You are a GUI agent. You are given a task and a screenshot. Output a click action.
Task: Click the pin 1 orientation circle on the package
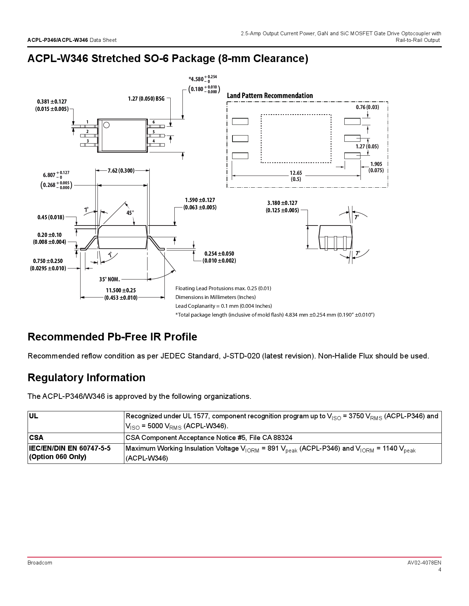point(106,125)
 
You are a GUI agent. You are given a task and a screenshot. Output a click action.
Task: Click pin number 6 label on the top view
point(154,122)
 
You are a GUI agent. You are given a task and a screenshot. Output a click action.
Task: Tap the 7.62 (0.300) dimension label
point(121,170)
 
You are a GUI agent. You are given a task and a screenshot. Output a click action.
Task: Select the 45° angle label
point(130,213)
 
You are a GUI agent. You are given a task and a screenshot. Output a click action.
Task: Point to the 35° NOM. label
point(109,279)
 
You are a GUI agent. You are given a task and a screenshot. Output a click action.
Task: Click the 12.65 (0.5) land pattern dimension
point(296,176)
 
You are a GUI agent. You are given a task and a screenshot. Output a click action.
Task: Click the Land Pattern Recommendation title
point(270,95)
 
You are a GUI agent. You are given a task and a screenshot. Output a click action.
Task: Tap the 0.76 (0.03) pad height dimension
point(367,107)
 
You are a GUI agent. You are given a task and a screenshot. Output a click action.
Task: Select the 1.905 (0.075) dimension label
point(376,167)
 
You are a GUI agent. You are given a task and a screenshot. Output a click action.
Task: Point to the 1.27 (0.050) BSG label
point(146,98)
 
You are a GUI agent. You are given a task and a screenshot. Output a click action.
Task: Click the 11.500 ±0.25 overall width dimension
point(121,294)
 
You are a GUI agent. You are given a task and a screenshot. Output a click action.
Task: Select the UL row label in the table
point(33,416)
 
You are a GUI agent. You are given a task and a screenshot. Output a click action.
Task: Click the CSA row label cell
point(36,437)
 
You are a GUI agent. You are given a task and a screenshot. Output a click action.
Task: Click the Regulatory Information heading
point(86,378)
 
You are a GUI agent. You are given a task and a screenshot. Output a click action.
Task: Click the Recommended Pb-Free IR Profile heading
point(112,337)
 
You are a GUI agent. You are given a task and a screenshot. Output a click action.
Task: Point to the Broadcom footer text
point(40,563)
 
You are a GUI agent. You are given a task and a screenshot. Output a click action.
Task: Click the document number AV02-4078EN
point(424,563)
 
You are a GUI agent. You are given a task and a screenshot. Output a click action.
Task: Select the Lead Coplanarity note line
point(223,306)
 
